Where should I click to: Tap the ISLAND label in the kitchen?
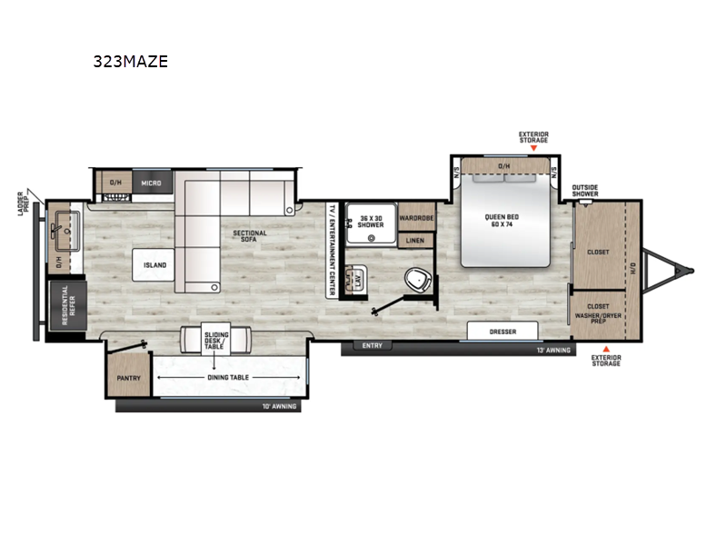tap(154, 265)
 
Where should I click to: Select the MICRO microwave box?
tap(151, 183)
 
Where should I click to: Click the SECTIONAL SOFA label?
tap(249, 237)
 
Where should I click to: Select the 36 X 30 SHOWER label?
tap(370, 222)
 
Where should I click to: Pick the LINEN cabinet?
tap(415, 241)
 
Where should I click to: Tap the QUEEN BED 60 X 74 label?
tap(506, 219)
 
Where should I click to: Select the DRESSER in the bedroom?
tap(502, 332)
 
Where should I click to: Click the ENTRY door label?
tap(373, 346)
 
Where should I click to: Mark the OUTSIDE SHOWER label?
tap(584, 192)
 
